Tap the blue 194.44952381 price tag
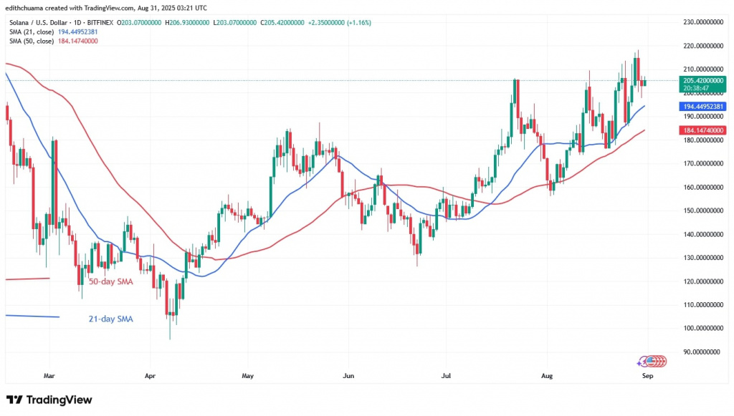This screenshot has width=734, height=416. point(702,106)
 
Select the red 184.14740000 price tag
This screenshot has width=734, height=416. point(702,130)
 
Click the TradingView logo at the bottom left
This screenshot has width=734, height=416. point(49,399)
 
